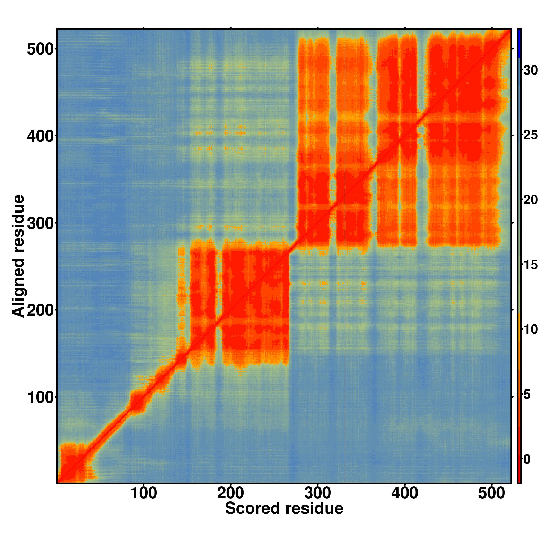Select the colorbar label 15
(530, 265)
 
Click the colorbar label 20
(530, 201)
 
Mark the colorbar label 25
(530, 135)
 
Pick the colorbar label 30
(530, 70)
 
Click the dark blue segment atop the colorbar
(519, 43)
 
